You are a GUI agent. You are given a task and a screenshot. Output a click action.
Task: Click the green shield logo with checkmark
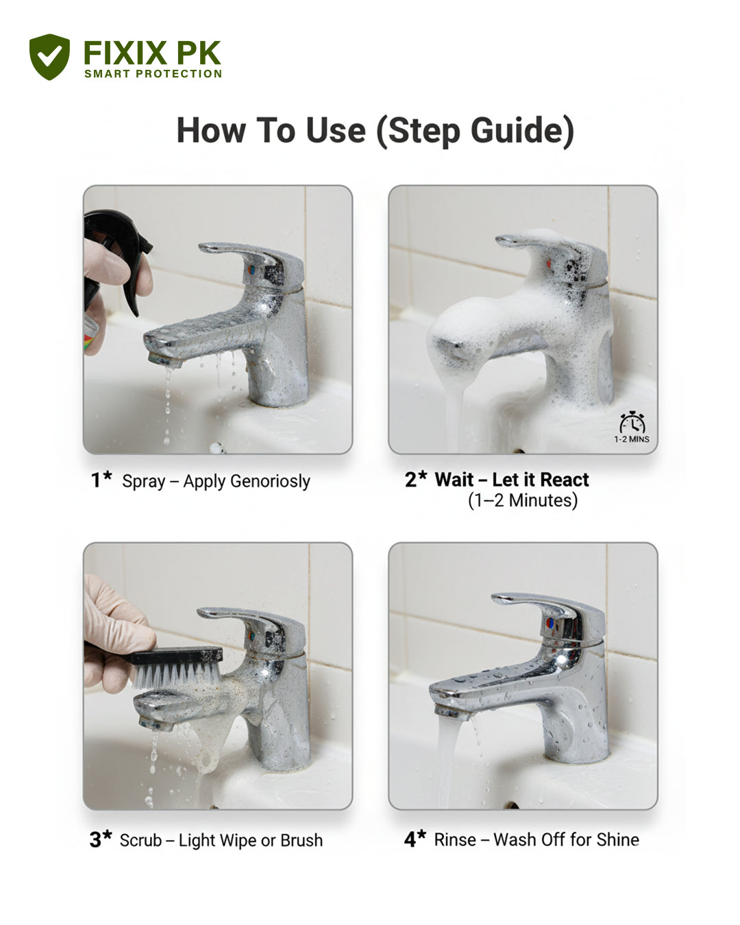click(x=49, y=57)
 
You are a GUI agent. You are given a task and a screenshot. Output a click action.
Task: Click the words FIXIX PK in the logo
click(x=151, y=53)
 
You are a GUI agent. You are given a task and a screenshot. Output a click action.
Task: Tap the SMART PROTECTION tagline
click(x=153, y=74)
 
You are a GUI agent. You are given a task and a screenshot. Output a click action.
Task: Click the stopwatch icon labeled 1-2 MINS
click(x=632, y=423)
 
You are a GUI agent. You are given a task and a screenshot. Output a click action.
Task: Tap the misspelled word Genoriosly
click(x=270, y=481)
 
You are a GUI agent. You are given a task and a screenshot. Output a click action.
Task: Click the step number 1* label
click(x=101, y=480)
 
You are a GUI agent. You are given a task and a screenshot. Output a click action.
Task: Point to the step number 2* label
click(x=415, y=479)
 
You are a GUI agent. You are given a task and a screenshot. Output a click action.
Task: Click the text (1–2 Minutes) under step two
click(x=522, y=501)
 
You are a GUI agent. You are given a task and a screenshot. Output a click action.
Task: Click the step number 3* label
click(x=100, y=839)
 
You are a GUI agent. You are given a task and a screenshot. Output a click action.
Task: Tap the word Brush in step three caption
click(x=301, y=840)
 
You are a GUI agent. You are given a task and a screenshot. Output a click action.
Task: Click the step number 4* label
click(x=415, y=839)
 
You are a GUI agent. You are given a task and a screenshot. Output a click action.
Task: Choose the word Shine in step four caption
click(x=617, y=839)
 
